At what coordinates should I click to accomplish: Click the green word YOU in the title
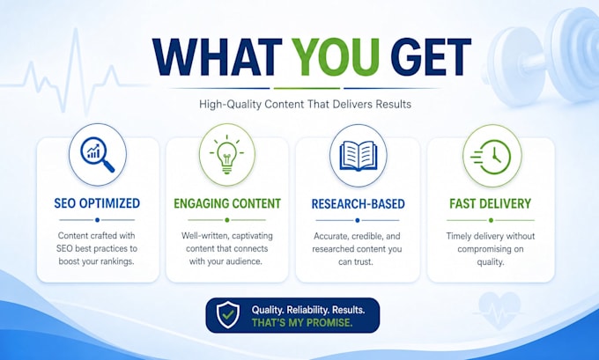tap(337, 57)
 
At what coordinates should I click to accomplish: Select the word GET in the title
tap(430, 57)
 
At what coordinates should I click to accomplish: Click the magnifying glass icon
tap(98, 155)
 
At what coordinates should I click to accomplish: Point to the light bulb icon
tap(227, 154)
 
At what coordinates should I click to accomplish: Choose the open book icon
tap(358, 156)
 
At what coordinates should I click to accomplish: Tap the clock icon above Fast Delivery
tap(491, 157)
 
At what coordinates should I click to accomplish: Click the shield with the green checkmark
tap(228, 315)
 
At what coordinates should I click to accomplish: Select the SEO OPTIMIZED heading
tap(97, 203)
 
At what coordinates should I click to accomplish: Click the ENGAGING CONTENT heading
tap(227, 203)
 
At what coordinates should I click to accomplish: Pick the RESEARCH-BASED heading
tap(358, 204)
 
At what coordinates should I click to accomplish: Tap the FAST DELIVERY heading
tap(490, 203)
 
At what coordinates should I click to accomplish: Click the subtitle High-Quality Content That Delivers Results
tap(306, 104)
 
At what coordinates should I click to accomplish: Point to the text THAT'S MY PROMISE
tap(302, 322)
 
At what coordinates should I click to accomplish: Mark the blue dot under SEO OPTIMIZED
tap(98, 220)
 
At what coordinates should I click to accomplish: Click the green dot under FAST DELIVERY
tap(491, 220)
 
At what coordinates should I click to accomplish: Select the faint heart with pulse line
tap(499, 310)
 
